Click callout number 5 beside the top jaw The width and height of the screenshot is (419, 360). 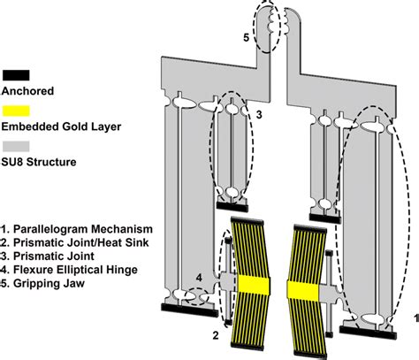tap(247, 37)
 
